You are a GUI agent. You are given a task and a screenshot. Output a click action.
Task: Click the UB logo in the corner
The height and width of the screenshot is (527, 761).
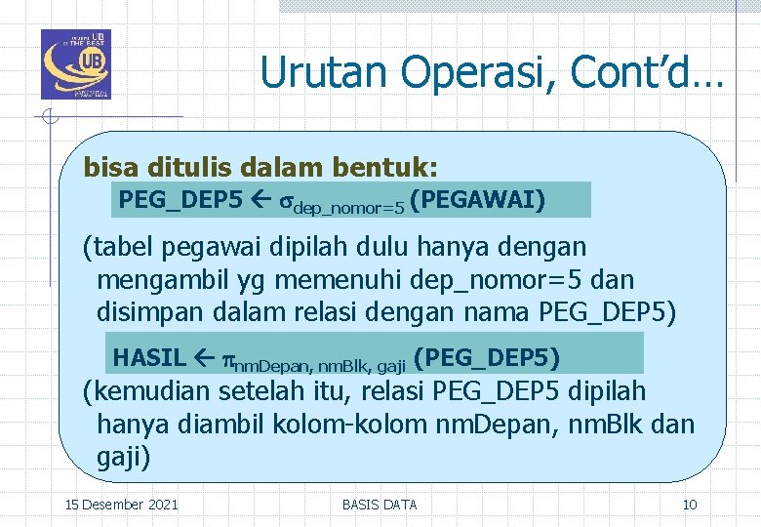76,64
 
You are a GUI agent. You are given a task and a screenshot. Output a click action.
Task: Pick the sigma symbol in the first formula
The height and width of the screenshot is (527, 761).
287,202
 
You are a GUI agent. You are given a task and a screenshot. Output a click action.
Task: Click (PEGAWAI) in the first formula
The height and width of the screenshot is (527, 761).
478,200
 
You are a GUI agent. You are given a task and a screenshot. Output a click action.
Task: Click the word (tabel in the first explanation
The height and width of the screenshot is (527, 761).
114,248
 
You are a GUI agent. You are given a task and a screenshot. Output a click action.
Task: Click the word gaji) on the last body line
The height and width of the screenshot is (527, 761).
124,458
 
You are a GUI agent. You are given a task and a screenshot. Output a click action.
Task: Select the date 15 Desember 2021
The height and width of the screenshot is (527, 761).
121,505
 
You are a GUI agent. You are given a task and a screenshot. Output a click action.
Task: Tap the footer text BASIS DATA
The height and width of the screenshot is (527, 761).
380,505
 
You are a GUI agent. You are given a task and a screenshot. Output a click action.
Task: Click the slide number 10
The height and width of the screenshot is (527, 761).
690,505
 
